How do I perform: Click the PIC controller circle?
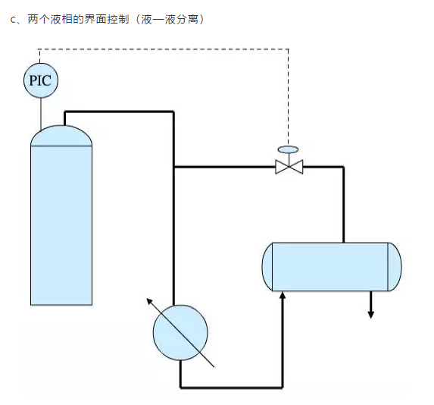pos(40,80)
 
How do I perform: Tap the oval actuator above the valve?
pos(289,149)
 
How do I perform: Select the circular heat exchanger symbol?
pos(180,331)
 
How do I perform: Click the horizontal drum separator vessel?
pos(331,266)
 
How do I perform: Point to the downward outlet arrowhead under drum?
pos(370,313)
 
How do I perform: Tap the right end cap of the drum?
pos(395,266)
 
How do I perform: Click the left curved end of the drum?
pos(267,266)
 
